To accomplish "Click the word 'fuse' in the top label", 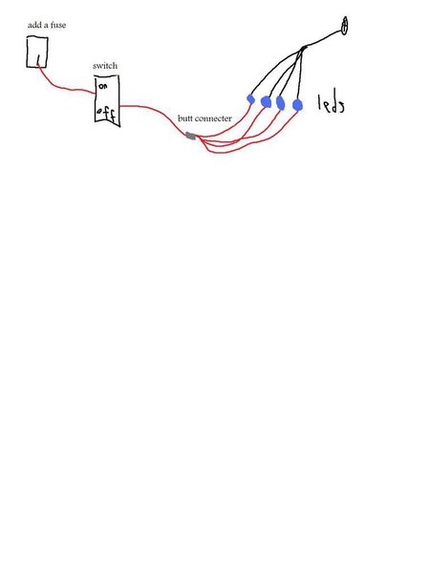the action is click(x=58, y=25).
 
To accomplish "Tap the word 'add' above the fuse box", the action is click(x=34, y=25).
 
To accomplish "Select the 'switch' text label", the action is click(x=105, y=66).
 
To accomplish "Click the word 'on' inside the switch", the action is click(x=103, y=87).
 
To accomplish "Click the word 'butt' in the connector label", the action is click(x=184, y=118).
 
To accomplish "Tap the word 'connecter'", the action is click(x=213, y=118).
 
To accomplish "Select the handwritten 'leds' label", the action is click(x=331, y=104).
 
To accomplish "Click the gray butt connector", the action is click(x=190, y=136).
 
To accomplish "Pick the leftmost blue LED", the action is click(x=250, y=98).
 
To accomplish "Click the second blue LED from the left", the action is click(x=266, y=102).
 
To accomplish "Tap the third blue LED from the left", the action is click(x=280, y=103).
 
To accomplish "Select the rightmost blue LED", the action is click(x=297, y=105).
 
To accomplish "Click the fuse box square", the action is click(x=37, y=36).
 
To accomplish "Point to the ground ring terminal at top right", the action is click(x=344, y=26).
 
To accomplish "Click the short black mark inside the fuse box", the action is click(x=38, y=60).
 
